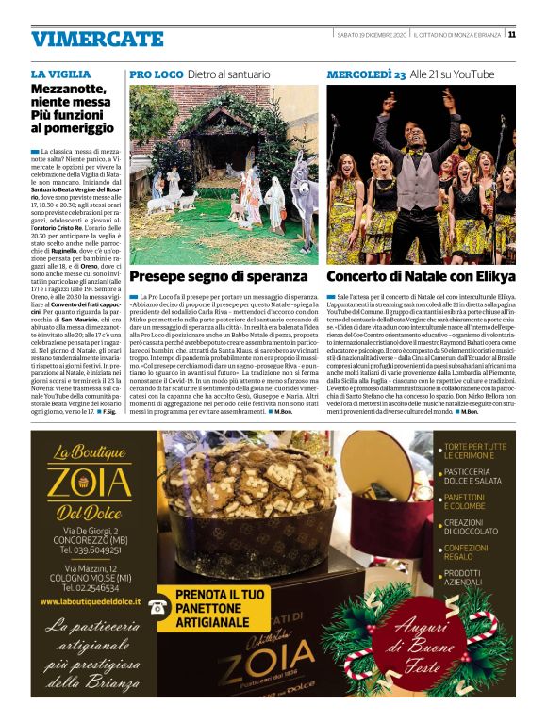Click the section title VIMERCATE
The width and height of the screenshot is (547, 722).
98,39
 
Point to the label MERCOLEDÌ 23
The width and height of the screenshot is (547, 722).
366,74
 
